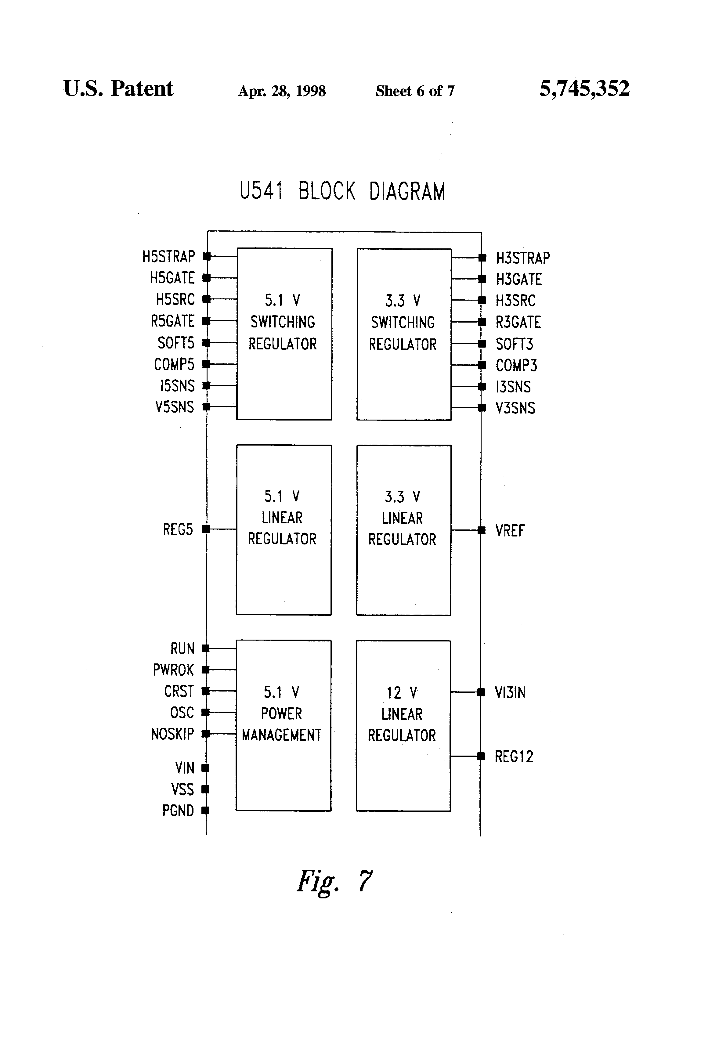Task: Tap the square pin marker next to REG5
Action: click(x=206, y=529)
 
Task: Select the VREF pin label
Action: click(x=510, y=531)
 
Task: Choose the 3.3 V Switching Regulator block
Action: click(x=404, y=334)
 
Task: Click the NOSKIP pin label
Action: click(x=172, y=734)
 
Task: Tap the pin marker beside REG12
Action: click(x=481, y=756)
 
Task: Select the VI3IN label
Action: click(x=510, y=693)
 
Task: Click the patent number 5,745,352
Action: click(x=584, y=88)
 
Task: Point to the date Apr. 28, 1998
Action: click(x=282, y=91)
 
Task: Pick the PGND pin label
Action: click(x=178, y=811)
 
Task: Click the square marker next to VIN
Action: click(x=205, y=768)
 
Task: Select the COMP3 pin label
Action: click(x=516, y=366)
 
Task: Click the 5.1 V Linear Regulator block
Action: click(x=284, y=530)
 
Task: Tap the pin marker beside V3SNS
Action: click(x=482, y=408)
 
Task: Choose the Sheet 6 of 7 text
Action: click(x=415, y=91)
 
